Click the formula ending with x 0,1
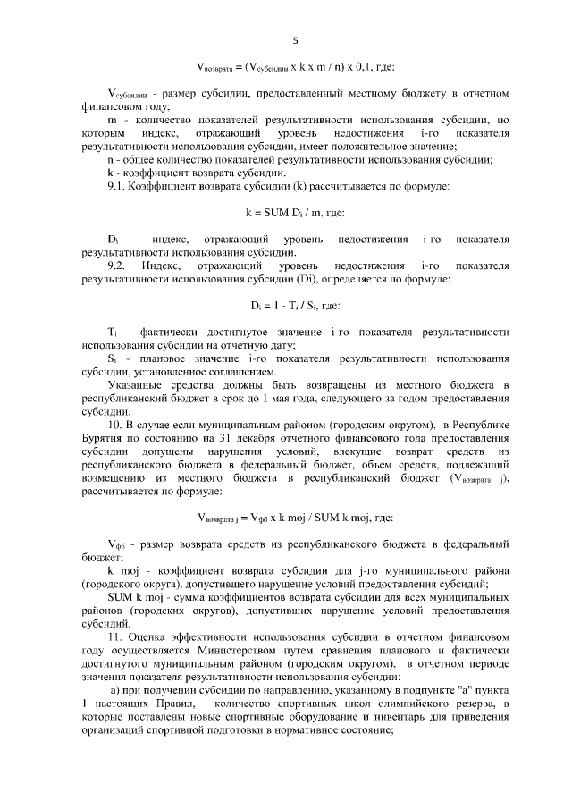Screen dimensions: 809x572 [294, 67]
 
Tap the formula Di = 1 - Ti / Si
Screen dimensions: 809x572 [294, 304]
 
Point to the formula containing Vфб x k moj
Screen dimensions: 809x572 [294, 517]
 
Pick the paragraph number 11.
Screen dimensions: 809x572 [114, 636]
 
